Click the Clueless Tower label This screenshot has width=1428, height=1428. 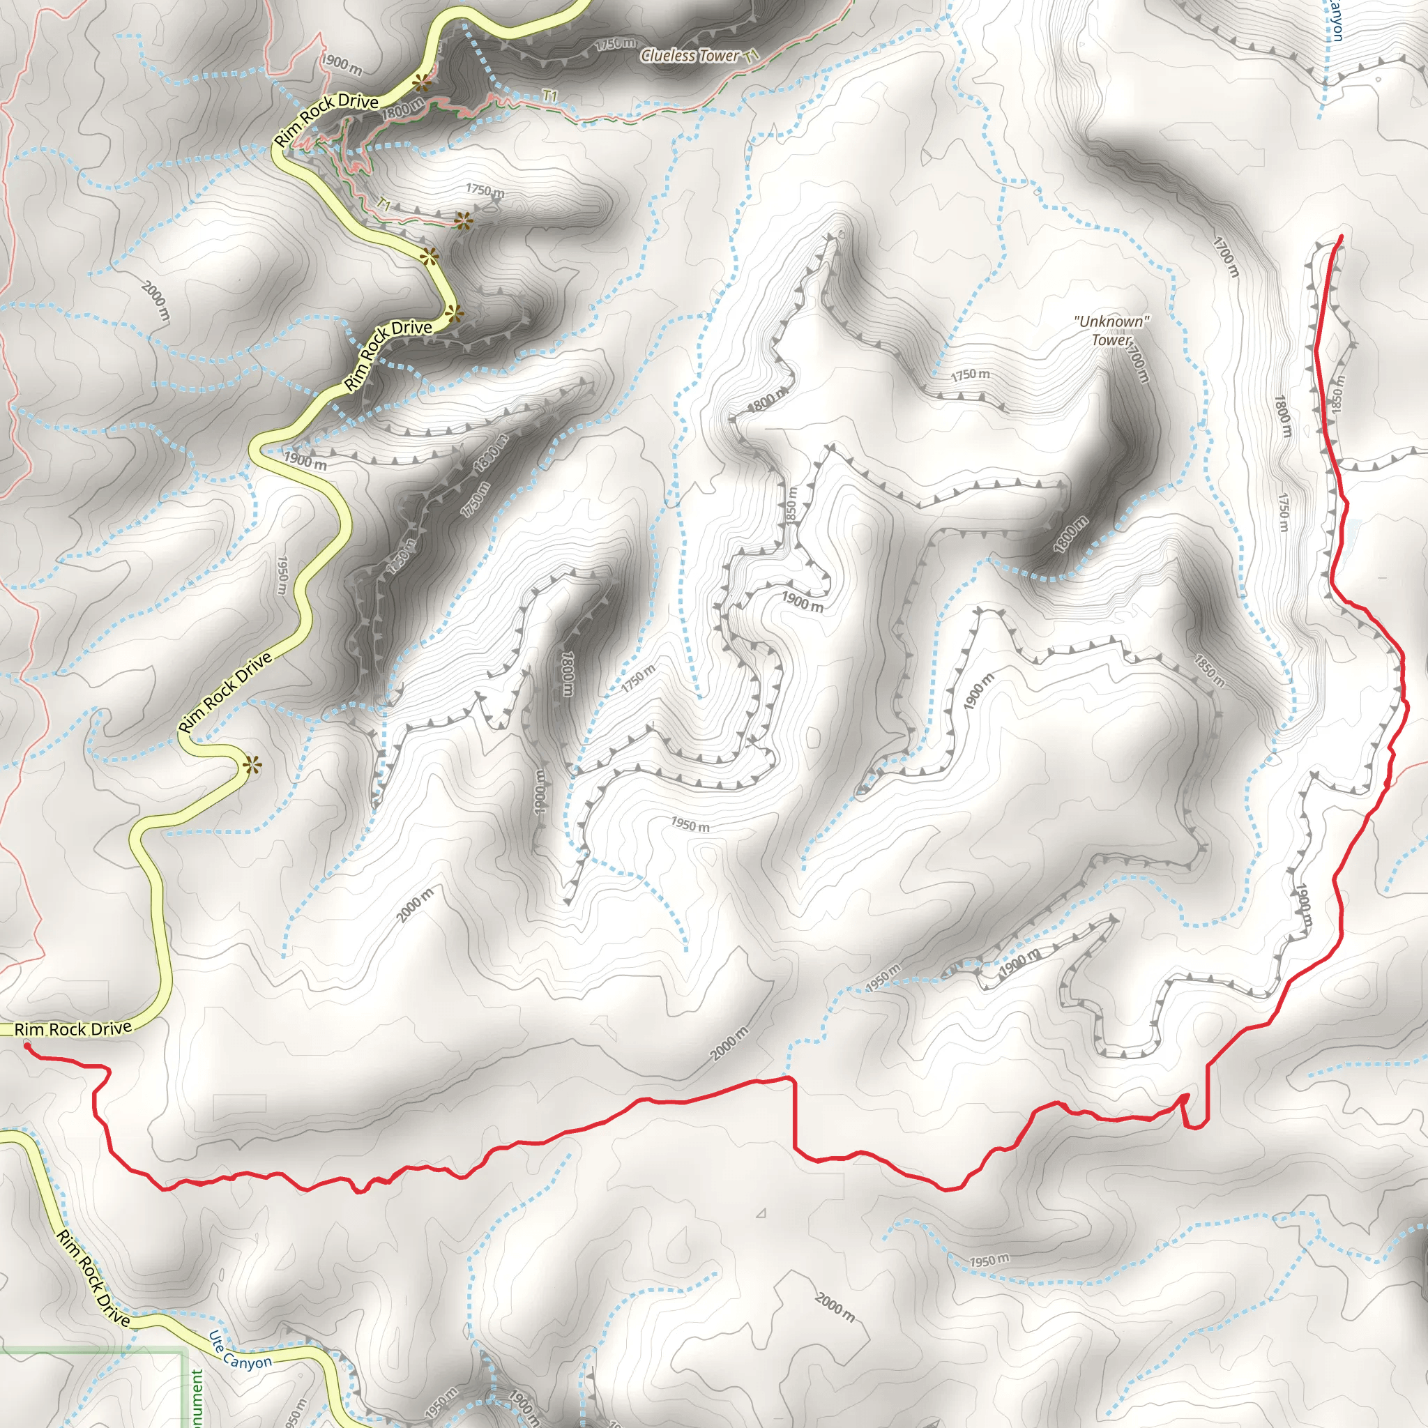690,56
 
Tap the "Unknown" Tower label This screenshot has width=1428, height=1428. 1111,331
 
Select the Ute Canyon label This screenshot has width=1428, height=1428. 239,1351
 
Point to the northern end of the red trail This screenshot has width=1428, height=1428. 1341,236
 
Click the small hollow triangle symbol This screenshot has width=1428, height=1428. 761,1214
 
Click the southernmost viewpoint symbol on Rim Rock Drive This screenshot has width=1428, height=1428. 251,766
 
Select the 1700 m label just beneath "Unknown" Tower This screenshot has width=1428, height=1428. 1137,362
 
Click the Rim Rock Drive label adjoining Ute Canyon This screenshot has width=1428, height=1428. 94,1278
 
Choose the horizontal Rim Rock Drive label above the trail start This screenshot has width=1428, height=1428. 73,1029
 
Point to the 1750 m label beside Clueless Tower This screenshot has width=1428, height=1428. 614,45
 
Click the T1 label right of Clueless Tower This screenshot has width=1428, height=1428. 752,56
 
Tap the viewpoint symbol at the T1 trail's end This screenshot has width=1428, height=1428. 463,220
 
